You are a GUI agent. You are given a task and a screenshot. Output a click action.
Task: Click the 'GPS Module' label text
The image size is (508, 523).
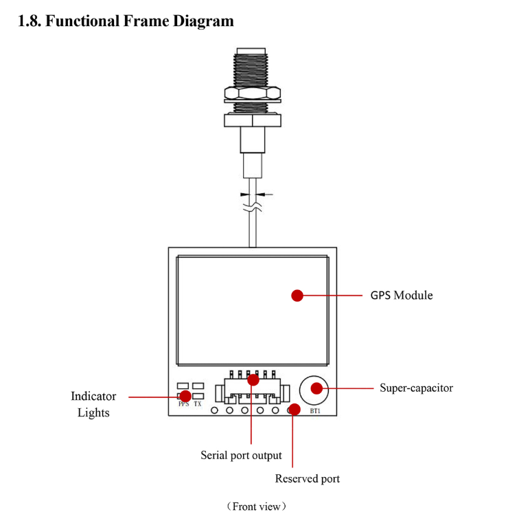[402, 296]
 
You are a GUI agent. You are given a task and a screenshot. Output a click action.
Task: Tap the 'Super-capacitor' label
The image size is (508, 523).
[416, 388]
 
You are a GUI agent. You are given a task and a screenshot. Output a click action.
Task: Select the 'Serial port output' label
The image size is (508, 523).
[241, 455]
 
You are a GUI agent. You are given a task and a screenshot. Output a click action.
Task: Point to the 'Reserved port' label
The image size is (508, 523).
[307, 478]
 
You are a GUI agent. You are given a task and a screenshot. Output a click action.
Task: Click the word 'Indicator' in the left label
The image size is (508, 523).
[93, 397]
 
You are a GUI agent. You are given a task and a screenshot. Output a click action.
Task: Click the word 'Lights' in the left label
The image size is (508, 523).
[93, 413]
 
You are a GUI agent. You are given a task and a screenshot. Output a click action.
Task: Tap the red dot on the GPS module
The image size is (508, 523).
[297, 296]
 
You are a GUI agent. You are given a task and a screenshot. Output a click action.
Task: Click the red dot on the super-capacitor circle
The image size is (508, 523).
[316, 388]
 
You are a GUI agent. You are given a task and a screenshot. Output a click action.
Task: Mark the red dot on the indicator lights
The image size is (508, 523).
[185, 396]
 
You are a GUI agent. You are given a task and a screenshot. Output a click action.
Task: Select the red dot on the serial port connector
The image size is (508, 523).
[253, 379]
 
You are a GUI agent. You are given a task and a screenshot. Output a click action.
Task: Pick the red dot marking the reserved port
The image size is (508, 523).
[294, 410]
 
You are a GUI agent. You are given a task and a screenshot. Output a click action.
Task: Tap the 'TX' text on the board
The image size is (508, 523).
[198, 405]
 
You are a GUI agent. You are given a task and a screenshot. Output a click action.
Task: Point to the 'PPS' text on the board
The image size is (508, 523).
[183, 405]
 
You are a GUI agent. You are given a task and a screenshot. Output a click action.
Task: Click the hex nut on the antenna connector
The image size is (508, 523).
[253, 93]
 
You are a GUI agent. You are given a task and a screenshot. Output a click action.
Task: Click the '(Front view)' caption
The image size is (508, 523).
[255, 507]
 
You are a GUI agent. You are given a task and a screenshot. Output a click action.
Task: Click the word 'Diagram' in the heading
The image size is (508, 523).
[203, 21]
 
